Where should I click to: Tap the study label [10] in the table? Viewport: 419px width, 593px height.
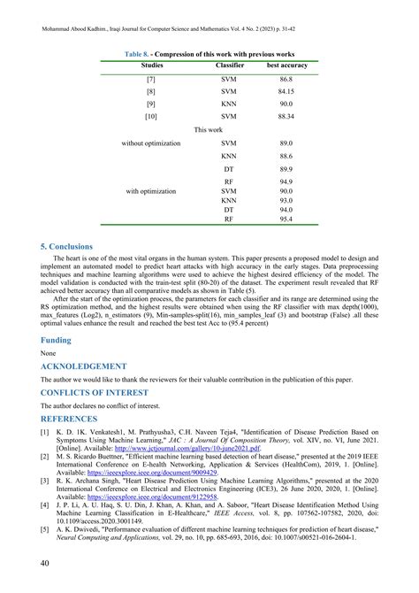(151, 116)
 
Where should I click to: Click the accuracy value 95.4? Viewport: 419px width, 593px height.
(285, 217)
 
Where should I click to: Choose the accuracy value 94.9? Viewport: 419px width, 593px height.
(285, 181)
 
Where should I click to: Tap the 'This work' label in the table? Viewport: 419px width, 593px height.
(209, 129)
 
